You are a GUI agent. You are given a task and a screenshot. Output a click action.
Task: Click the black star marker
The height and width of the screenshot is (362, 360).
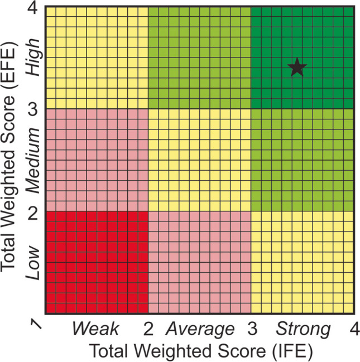pyautogui.click(x=297, y=67)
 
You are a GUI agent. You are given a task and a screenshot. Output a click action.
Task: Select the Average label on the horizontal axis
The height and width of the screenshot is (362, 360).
pyautogui.click(x=200, y=329)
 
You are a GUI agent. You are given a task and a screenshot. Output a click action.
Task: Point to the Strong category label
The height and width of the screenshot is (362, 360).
pyautogui.click(x=303, y=329)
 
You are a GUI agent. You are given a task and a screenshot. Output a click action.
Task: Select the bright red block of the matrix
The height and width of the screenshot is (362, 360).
pyautogui.click(x=97, y=263)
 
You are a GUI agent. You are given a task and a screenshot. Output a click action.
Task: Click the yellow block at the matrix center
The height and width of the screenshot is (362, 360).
pyautogui.click(x=199, y=160)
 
